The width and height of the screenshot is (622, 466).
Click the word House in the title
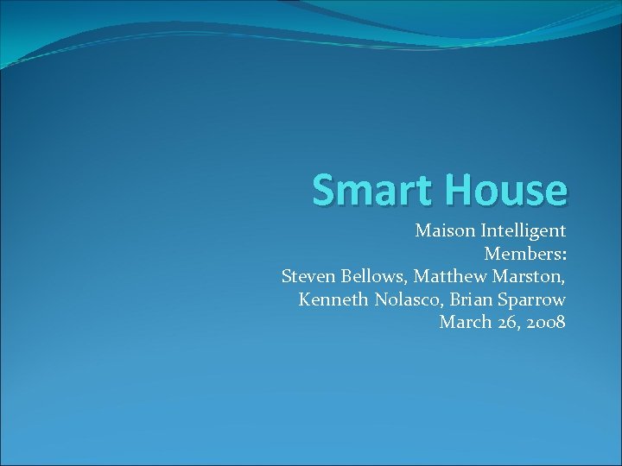click(x=505, y=190)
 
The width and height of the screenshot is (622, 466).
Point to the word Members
click(x=522, y=255)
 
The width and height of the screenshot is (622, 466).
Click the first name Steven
click(x=307, y=277)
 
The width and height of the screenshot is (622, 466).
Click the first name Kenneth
click(x=333, y=300)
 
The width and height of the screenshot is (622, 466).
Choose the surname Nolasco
click(x=405, y=300)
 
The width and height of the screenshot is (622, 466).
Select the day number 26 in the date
click(x=503, y=323)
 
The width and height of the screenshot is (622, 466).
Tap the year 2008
click(x=545, y=323)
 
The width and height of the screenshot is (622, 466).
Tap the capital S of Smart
click(x=324, y=190)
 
